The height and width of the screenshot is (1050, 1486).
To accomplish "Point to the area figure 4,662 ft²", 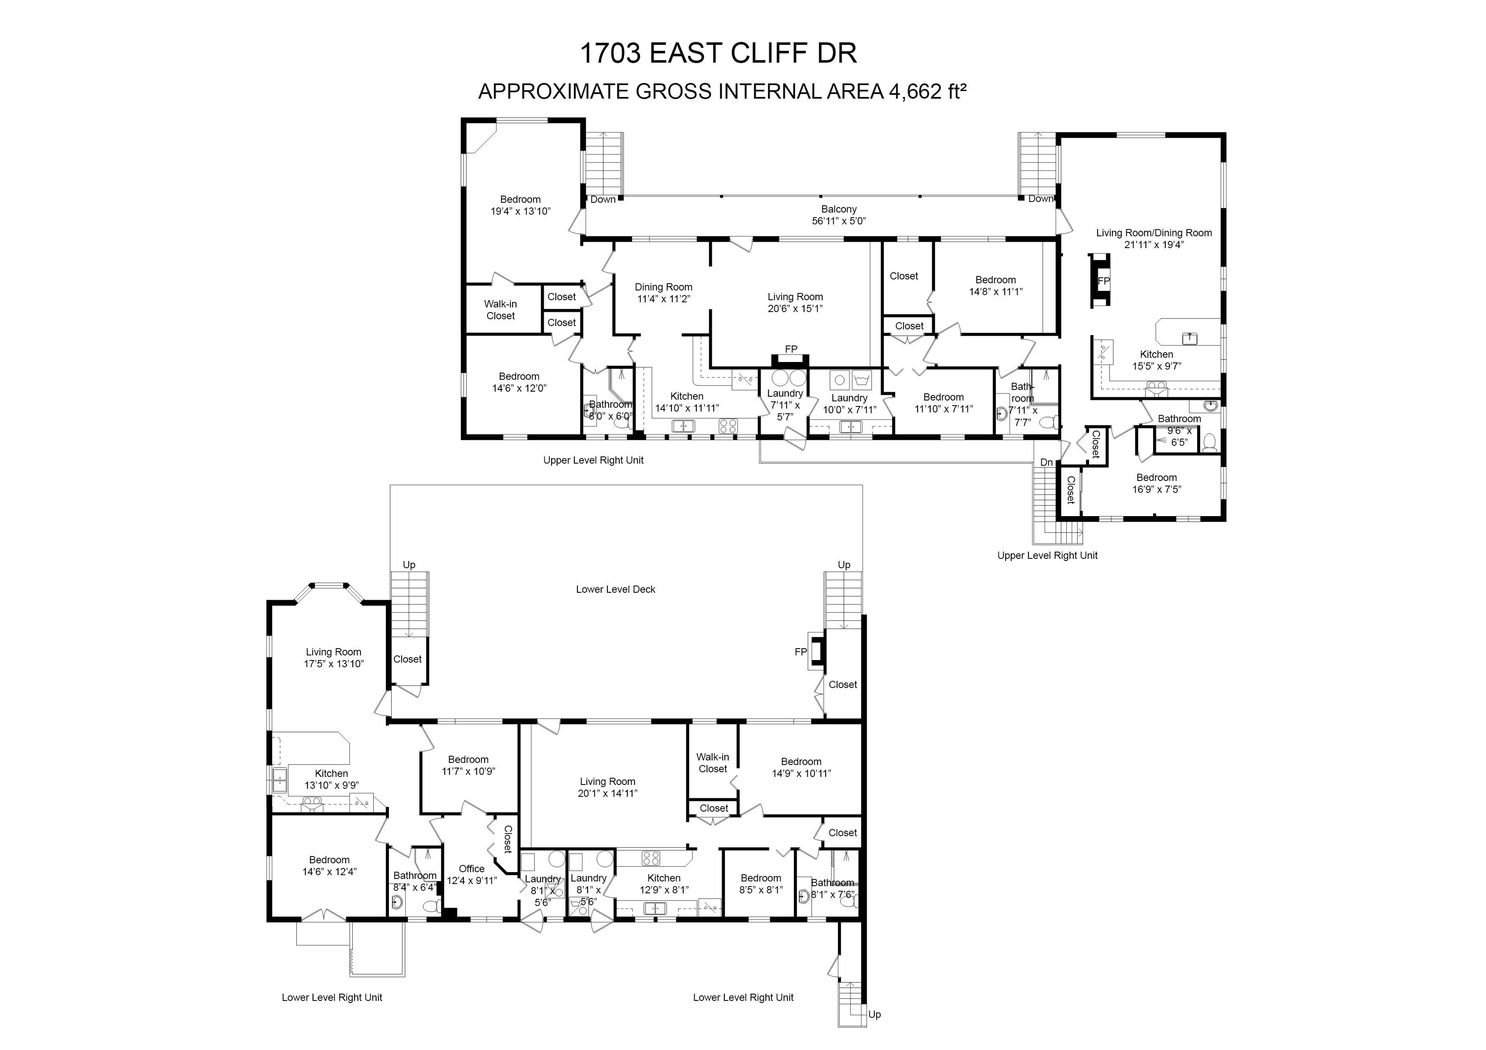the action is (x=927, y=91).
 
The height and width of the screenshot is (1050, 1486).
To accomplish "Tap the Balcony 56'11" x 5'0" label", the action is (x=839, y=215).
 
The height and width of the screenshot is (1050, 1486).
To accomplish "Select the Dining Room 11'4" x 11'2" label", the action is (x=663, y=293).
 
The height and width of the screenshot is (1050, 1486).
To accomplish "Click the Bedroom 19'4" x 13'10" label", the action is (x=520, y=205).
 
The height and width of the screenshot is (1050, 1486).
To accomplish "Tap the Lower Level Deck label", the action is (x=615, y=589).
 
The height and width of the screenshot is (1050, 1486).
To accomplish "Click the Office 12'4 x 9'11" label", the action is (x=472, y=875).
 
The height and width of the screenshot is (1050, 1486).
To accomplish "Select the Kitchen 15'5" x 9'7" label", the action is (x=1156, y=360).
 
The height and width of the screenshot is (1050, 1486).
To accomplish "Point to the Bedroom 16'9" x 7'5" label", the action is (x=1156, y=483).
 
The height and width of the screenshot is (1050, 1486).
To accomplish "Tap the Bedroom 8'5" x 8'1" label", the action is (x=761, y=884).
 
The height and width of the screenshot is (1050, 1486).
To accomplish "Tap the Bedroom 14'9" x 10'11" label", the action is (x=801, y=767).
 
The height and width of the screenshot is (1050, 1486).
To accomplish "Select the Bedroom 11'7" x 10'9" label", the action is (x=469, y=765).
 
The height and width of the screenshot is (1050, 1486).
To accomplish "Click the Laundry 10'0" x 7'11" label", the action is (x=849, y=403).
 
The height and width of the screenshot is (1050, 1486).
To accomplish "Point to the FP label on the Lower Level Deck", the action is (x=801, y=652).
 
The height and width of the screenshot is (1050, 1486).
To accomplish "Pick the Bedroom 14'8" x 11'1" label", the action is (x=995, y=286).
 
